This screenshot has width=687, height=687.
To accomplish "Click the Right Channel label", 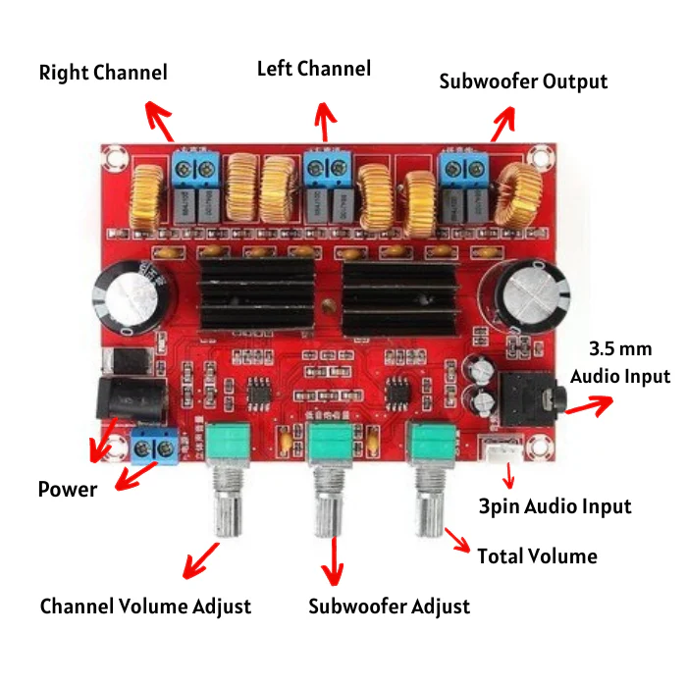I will [103, 73].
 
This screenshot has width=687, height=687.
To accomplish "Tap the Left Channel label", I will [314, 69].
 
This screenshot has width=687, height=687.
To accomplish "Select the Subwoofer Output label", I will [523, 80].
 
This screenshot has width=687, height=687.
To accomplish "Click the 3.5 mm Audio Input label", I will [620, 363].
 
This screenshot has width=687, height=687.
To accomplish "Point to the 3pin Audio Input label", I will [555, 506].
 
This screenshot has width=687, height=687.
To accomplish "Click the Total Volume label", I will [537, 556].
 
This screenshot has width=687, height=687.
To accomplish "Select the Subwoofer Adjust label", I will [389, 606].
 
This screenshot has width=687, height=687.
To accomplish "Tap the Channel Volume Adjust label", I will [145, 607].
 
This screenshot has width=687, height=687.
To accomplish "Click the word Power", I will [68, 489].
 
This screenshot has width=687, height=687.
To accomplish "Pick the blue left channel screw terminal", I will [328, 166].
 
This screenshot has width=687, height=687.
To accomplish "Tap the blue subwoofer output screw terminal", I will [465, 167].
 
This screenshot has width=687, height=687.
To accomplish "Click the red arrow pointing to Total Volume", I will [458, 539].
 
